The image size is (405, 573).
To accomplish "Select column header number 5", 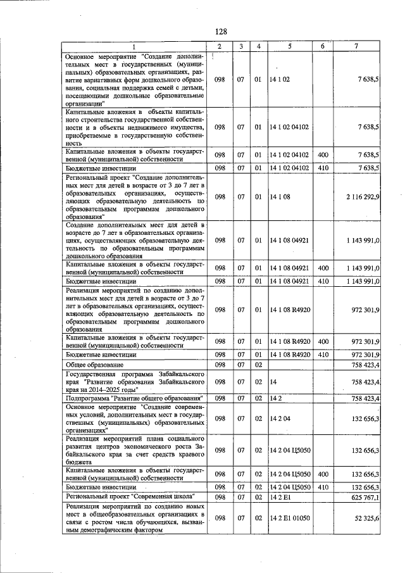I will (289, 47).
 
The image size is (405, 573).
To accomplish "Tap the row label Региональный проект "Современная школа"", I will (130, 498).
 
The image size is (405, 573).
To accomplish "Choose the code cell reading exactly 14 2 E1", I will (280, 498).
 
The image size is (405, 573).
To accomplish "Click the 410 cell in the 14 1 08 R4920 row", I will (323, 355).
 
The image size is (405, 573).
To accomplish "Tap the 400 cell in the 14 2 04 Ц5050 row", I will (323, 474).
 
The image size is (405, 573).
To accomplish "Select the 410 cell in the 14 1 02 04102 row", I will (323, 168).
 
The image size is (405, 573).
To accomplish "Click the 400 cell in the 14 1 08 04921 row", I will (323, 268).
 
